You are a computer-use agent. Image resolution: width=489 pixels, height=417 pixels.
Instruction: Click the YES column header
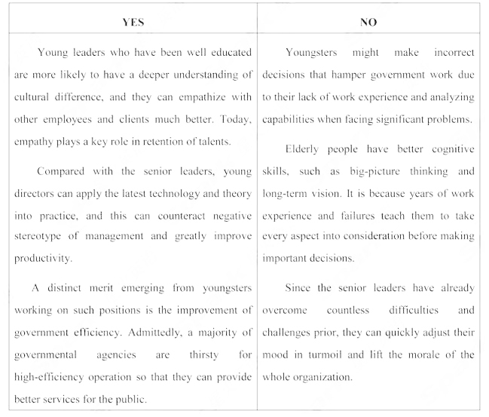[133, 23]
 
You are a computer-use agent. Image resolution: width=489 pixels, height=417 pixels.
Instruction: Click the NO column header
[368, 23]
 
